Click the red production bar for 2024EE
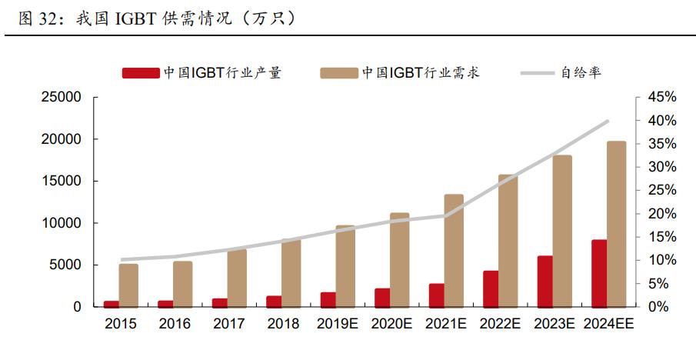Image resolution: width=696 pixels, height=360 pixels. pyautogui.click(x=599, y=273)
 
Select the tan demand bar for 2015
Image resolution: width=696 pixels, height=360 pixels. pyautogui.click(x=128, y=285)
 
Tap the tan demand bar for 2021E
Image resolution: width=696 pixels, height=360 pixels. pyautogui.click(x=454, y=251)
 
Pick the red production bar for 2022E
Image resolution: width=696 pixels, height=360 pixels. pyautogui.click(x=491, y=288)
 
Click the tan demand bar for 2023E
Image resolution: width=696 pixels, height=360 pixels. pyautogui.click(x=562, y=231)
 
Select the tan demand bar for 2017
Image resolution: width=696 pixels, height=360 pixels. pyautogui.click(x=237, y=278)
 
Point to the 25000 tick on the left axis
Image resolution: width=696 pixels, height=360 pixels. pyautogui.click(x=61, y=98)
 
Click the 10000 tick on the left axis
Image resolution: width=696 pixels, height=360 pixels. pyautogui.click(x=61, y=223)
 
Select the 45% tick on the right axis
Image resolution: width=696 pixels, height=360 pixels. pyautogui.click(x=661, y=98)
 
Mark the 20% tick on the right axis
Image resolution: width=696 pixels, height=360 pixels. pyautogui.click(x=661, y=214)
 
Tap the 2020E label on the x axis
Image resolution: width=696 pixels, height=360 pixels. pyautogui.click(x=392, y=325)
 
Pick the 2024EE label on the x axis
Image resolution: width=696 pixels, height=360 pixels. pyautogui.click(x=608, y=325)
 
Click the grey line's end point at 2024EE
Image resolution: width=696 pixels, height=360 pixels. pyautogui.click(x=608, y=121)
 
